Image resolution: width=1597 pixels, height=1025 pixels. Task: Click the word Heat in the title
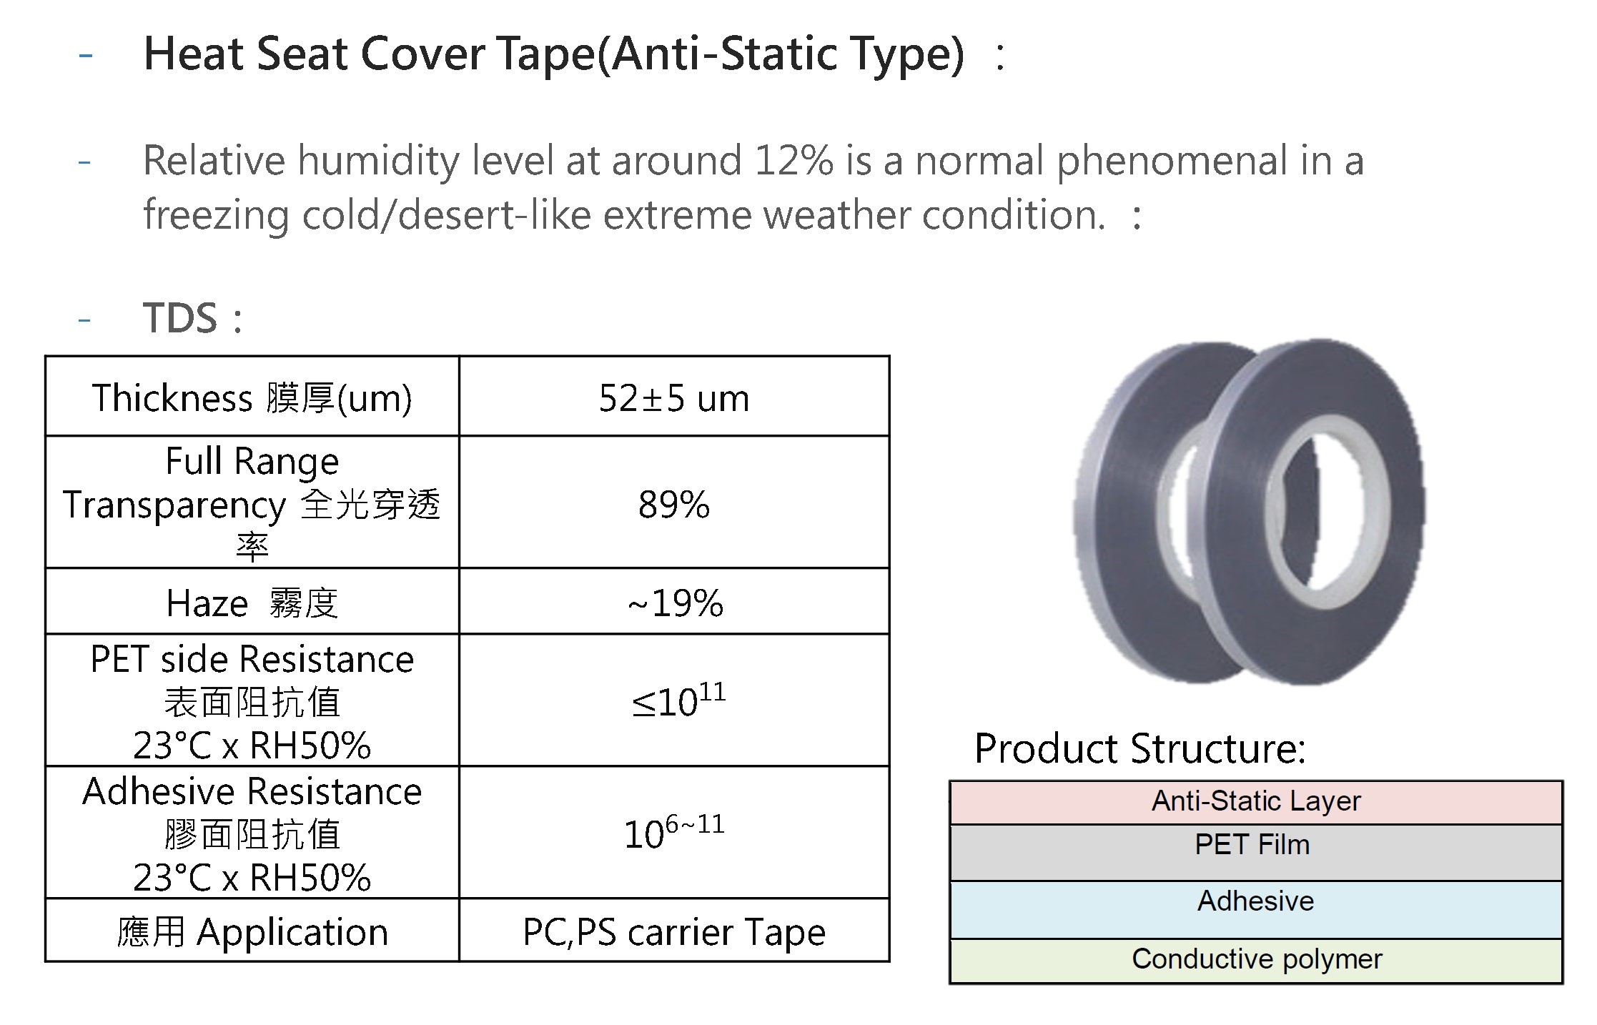(193, 54)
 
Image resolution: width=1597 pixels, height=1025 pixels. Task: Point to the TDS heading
(180, 318)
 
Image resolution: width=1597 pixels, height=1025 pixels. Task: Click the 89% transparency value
(674, 504)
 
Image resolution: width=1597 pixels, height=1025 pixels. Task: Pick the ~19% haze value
(676, 603)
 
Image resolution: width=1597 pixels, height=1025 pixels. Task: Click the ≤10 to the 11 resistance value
(678, 700)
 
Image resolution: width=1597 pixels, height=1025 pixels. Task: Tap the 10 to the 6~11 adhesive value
(674, 832)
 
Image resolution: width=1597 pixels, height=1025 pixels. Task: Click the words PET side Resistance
(252, 659)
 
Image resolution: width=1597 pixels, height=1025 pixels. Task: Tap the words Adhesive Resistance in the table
(252, 792)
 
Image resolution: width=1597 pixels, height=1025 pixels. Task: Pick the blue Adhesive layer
(1256, 910)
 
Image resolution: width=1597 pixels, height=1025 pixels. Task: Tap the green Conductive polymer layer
(1256, 961)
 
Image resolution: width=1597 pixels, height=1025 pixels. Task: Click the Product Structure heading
(1140, 749)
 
